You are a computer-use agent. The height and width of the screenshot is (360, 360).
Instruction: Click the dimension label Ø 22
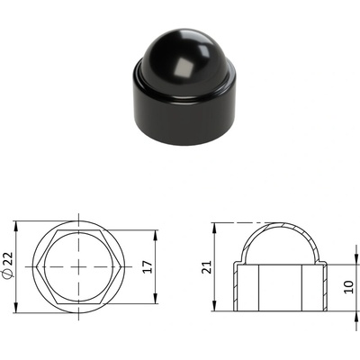8,266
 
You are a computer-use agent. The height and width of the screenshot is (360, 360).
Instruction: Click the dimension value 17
148,266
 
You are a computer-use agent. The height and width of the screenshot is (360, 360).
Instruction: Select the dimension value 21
206,267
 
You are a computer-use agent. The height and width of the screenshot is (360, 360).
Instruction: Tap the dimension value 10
349,287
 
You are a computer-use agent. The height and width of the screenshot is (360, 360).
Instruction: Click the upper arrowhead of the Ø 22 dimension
16,227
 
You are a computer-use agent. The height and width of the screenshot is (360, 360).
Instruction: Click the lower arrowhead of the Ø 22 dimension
16,308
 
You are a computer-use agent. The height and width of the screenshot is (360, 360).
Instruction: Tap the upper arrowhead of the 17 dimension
156,235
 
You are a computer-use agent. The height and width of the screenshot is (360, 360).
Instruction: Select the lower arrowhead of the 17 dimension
156,299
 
